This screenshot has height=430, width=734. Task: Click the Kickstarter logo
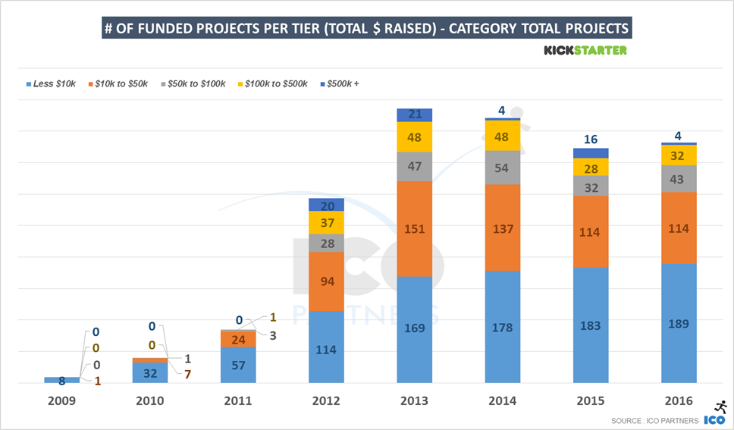(585, 51)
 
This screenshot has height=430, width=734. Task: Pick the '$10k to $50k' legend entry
(119, 83)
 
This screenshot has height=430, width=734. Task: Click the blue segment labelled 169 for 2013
(414, 329)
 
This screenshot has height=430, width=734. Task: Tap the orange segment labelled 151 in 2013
(414, 229)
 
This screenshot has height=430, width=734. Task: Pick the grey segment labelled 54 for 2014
(502, 168)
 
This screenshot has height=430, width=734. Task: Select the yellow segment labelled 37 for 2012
(326, 222)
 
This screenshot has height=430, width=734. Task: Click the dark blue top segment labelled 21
(414, 115)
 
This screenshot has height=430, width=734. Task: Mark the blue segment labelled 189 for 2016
(679, 323)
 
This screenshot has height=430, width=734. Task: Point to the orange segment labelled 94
(326, 281)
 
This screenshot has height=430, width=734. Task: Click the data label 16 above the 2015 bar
(590, 140)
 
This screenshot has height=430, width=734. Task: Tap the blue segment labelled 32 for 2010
(150, 372)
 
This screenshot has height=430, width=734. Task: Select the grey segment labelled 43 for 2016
(679, 179)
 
